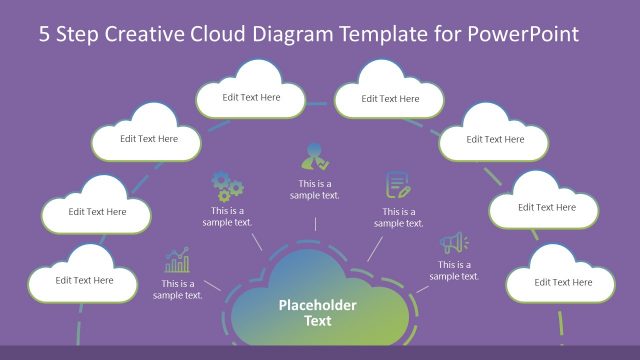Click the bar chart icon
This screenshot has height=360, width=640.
(178, 262)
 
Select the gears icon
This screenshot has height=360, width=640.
(228, 186)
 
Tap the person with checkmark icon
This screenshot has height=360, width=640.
(315, 158)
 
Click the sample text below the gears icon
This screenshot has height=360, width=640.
(231, 216)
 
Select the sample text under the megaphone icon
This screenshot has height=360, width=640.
(454, 270)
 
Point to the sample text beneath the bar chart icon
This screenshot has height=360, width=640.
(178, 289)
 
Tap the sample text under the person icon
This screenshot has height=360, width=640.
(315, 189)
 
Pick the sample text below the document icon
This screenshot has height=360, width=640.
(399, 217)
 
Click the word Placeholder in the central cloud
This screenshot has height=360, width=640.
(318, 306)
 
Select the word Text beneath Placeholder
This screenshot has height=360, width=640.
(318, 321)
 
